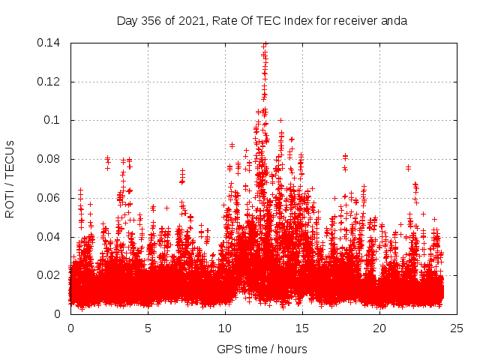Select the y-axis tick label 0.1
pos(54,120)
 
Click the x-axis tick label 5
pos(148,328)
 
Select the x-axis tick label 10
pos(225,328)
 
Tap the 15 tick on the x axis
pos(302,328)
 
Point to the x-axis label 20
pos(379,328)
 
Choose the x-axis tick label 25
pos(457,328)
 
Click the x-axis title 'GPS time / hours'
pos(262,349)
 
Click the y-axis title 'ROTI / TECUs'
pos(10,178)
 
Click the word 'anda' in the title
pos(394,21)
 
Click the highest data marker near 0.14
pos(265,44)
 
